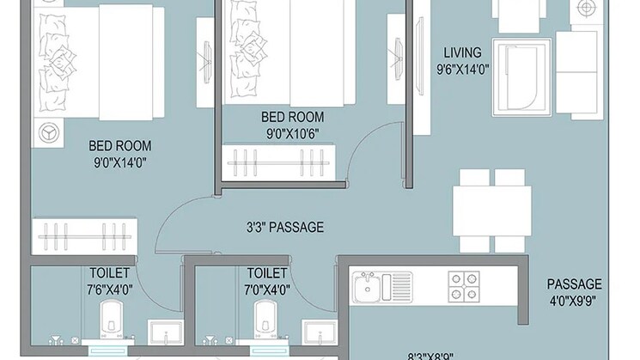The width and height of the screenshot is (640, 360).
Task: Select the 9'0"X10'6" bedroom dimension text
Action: pyautogui.click(x=293, y=132)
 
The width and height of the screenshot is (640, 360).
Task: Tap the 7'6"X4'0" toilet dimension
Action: pyautogui.click(x=109, y=290)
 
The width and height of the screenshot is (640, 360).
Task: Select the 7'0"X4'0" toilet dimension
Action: pyautogui.click(x=267, y=290)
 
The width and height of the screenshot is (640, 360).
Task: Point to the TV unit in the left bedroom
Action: pyautogui.click(x=205, y=58)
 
